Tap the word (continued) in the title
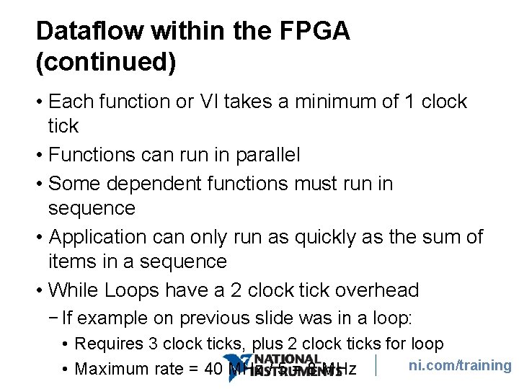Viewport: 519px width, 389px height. click(x=105, y=63)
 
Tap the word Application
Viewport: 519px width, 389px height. click(x=96, y=237)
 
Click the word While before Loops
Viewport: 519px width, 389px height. click(x=73, y=290)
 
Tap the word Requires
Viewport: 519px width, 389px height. click(x=107, y=344)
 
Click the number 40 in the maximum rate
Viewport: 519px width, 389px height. click(x=214, y=370)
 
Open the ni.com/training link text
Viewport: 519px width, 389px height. click(x=460, y=365)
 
